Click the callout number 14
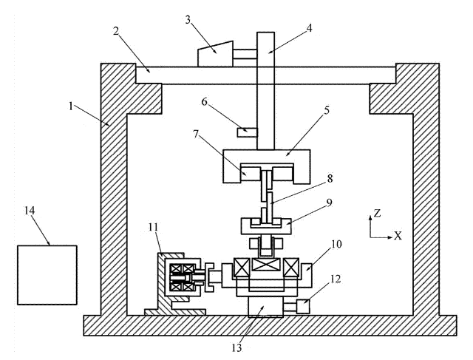30,211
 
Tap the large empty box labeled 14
47,274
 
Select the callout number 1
71,106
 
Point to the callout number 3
188,21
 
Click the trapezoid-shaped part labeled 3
215,53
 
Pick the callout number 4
309,28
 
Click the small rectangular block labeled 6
247,132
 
